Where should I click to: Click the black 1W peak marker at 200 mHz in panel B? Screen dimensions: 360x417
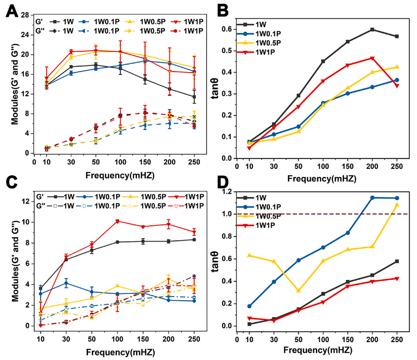click(x=372, y=29)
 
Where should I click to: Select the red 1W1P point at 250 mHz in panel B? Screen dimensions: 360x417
click(x=396, y=86)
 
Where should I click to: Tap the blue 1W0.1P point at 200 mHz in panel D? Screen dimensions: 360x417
click(x=372, y=197)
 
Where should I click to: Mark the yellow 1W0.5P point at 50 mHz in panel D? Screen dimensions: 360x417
click(x=299, y=291)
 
